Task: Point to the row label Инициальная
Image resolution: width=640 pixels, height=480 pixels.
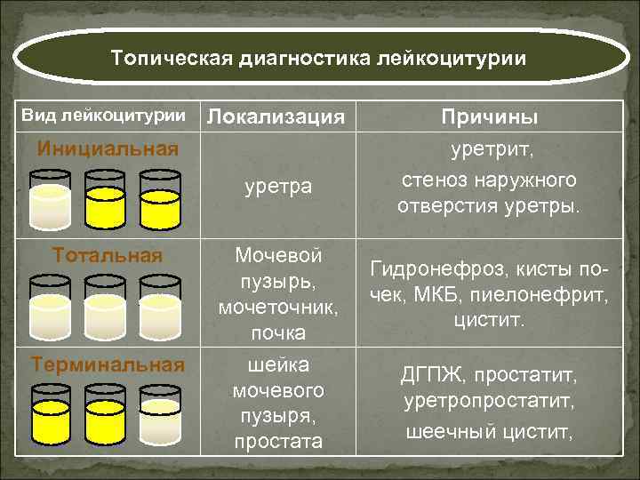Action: [108, 147]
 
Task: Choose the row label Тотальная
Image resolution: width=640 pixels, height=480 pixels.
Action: [108, 256]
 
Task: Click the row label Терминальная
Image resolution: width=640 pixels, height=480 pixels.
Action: [108, 364]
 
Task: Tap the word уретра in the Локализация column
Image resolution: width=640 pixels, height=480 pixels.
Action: [278, 187]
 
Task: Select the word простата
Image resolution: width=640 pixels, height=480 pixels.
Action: [277, 441]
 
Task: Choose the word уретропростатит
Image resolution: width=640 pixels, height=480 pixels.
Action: [489, 402]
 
